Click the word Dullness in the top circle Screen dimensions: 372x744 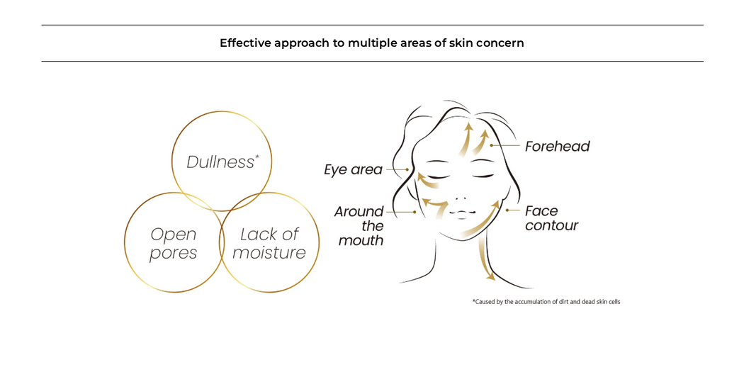coord(220,162)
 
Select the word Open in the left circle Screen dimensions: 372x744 coord(173,235)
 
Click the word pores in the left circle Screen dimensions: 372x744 coord(173,253)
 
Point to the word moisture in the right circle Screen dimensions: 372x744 coord(269,253)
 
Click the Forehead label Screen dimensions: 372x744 coord(557,147)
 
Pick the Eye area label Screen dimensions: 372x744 coord(353,170)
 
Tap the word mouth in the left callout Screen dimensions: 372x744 coord(361,241)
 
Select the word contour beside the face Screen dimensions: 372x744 coord(551,226)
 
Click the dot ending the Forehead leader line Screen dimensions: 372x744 coord(491,145)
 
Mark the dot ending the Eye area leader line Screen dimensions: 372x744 coord(407,169)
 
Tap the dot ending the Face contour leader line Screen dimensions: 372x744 coord(507,210)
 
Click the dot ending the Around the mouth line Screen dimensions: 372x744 coord(415,212)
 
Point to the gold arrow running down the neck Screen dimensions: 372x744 coord(485,259)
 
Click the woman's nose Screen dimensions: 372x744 coord(461,198)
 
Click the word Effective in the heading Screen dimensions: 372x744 coord(244,43)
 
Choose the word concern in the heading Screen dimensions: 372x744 coord(500,43)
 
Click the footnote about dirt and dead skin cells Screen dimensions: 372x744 coord(546,302)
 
